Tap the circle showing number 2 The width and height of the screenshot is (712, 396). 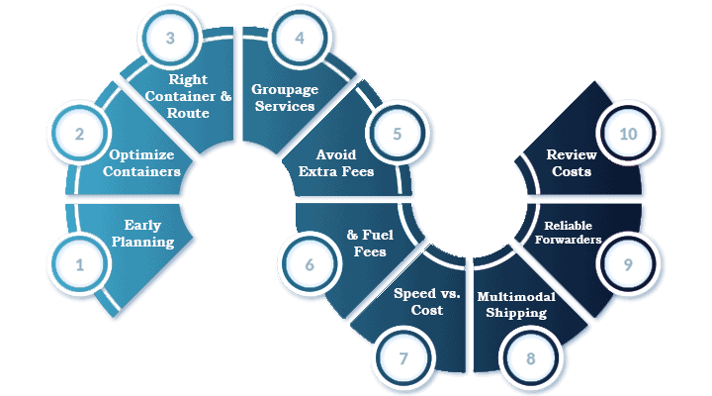pyautogui.click(x=78, y=132)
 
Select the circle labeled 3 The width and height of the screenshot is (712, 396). pyautogui.click(x=171, y=39)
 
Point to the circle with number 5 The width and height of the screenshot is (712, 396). pyautogui.click(x=397, y=132)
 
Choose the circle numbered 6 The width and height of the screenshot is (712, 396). pyautogui.click(x=310, y=265)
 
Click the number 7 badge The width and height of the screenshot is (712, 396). pyautogui.click(x=402, y=357)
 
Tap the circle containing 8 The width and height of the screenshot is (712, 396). pyautogui.click(x=531, y=357)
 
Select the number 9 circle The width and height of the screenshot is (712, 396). pyautogui.click(x=628, y=265)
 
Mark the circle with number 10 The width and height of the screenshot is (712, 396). pyautogui.click(x=628, y=132)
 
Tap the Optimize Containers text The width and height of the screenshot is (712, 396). pyautogui.click(x=144, y=163)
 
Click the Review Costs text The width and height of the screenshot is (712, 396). pyautogui.click(x=570, y=163)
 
